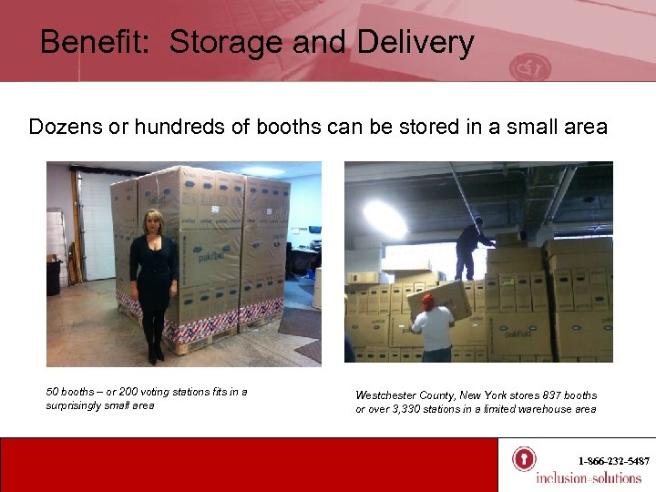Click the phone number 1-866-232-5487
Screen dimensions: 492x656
pos(613,461)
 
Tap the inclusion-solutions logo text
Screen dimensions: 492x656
pos(588,478)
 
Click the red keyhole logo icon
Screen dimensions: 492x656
pos(523,459)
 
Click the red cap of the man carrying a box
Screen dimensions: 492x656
pos(427,299)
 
